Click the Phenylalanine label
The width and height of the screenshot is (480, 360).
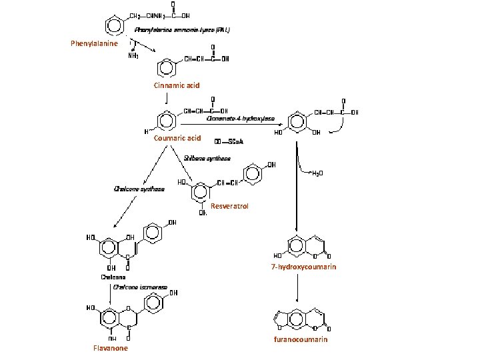94,43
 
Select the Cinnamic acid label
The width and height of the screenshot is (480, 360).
177,85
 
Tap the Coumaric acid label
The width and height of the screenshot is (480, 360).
177,138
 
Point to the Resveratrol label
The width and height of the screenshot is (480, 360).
229,206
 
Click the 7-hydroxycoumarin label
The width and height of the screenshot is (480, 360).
303,267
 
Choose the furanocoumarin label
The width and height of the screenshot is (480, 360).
301,339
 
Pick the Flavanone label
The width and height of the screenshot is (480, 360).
111,348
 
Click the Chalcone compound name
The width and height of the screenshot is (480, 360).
113,277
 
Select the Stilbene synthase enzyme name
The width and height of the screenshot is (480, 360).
207,159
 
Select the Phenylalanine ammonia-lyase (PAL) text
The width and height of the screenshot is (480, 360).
182,30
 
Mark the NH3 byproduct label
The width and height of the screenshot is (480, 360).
134,55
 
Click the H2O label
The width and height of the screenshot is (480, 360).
319,173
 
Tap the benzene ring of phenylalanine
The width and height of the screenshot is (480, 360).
115,25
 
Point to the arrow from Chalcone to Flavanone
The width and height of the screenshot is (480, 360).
111,293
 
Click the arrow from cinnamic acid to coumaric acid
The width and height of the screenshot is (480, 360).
167,99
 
